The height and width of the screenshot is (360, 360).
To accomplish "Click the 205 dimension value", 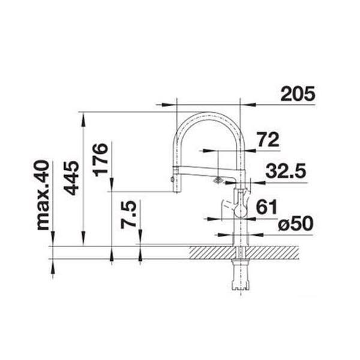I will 298,94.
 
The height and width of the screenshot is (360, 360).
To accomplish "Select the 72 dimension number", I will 268,140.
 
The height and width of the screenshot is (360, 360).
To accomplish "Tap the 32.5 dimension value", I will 286,172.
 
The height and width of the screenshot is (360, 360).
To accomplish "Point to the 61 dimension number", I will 266,208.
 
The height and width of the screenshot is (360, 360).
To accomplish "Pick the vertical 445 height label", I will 72,177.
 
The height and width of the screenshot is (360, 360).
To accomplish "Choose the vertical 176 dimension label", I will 101,159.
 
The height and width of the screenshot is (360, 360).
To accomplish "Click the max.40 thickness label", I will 43,195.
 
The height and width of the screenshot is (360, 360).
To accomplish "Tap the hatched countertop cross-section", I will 264,252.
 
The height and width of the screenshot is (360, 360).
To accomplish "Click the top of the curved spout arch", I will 207,113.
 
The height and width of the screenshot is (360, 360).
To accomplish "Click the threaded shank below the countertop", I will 241,275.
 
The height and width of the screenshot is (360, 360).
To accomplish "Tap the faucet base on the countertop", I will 240,239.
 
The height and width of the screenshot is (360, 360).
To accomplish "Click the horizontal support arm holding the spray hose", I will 204,175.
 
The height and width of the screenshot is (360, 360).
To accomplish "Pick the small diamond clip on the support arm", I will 217,179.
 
